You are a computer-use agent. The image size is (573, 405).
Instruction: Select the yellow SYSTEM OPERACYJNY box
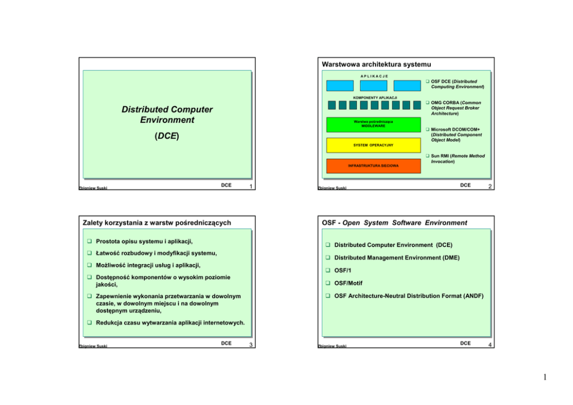[364, 145]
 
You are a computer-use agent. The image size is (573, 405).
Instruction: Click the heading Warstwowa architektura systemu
[377, 64]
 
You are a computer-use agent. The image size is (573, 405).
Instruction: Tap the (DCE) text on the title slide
[167, 136]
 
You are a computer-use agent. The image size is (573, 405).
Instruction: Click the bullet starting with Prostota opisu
[145, 241]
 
